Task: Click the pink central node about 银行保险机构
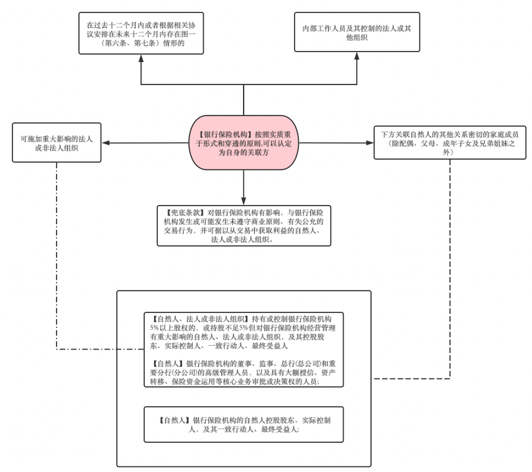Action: [x=244, y=143]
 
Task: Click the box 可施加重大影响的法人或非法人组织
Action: [x=57, y=142]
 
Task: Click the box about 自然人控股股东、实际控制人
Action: [x=244, y=425]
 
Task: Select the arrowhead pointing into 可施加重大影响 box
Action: [x=106, y=143]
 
